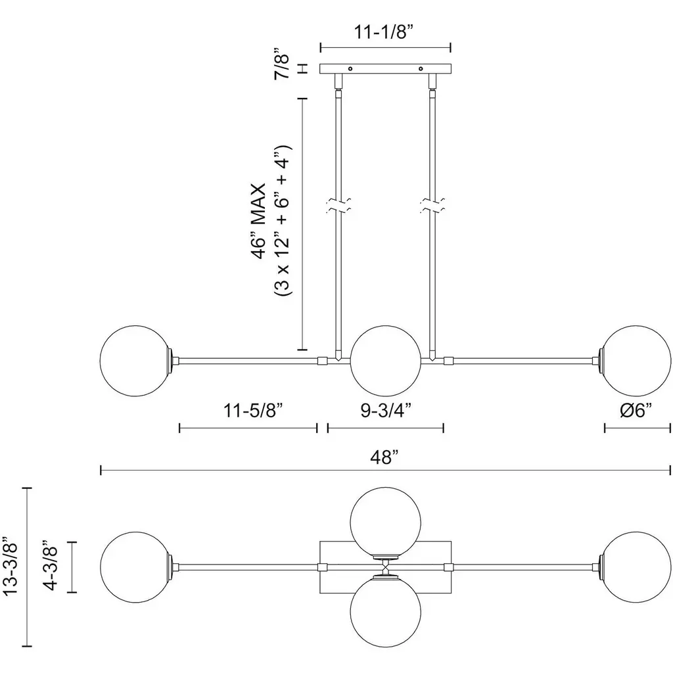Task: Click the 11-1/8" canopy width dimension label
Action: [x=384, y=32]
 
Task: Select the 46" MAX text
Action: [x=259, y=221]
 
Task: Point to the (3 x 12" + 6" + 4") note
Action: [x=283, y=220]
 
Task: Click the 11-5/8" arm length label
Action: [x=254, y=410]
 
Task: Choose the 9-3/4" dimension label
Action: [x=386, y=410]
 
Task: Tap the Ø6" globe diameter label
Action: [x=636, y=410]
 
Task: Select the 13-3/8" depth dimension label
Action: [x=11, y=566]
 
